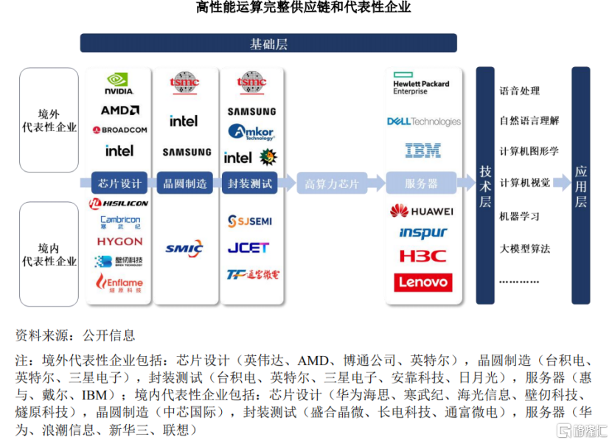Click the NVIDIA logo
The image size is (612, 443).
(x=119, y=84)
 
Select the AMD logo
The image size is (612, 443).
(x=119, y=111)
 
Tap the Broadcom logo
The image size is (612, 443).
(x=119, y=130)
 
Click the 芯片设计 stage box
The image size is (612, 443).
(x=119, y=183)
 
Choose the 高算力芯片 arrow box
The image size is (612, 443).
(x=331, y=184)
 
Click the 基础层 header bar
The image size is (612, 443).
(x=268, y=43)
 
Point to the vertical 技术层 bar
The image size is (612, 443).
(x=485, y=184)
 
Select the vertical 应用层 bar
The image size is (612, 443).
(x=581, y=184)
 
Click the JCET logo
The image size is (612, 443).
(x=248, y=248)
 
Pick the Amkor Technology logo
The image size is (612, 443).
(x=251, y=133)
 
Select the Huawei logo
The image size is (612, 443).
(x=421, y=212)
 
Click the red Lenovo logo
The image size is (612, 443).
(x=423, y=282)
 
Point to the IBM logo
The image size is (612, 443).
(x=423, y=150)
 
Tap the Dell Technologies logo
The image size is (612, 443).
(x=423, y=122)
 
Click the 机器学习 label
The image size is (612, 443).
(x=520, y=217)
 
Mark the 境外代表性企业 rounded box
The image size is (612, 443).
(x=49, y=121)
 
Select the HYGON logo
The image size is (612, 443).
(x=119, y=241)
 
